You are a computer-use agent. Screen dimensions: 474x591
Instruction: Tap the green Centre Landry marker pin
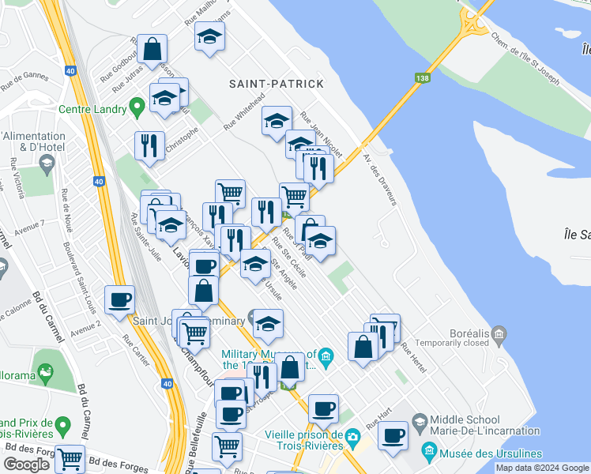pos(137,104)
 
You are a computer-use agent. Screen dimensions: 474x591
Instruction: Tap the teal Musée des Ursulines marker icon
pos(430,453)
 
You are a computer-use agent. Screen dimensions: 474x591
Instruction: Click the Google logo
pos(26,465)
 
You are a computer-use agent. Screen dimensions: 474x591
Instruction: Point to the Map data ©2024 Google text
pos(542,468)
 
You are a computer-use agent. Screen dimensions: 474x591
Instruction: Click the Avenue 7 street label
pos(31,227)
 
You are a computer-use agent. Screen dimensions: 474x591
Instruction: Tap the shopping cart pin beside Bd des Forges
pos(70,457)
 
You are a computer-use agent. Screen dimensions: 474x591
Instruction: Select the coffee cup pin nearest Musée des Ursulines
pos(393,435)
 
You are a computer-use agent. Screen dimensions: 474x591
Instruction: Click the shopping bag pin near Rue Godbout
pos(151,49)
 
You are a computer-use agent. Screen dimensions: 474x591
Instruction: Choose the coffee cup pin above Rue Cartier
pos(119,299)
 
